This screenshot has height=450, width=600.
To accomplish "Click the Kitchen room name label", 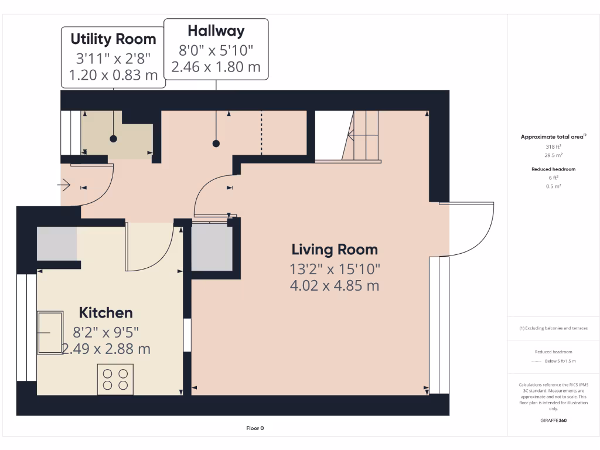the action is [x=105, y=313].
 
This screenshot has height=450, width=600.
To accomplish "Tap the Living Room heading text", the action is [x=335, y=250].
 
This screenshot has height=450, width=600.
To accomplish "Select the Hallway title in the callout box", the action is [x=216, y=30].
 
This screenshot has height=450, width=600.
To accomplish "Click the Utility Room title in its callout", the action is [x=113, y=39].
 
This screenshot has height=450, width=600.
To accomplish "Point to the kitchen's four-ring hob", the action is [x=115, y=379].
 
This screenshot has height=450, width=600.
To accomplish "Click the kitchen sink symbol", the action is [x=50, y=332].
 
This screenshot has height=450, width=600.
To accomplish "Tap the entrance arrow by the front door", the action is [x=64, y=185].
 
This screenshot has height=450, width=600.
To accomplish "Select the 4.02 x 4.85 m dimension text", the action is [x=335, y=285].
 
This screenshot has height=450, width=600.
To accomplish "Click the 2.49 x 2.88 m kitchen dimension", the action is [x=107, y=349].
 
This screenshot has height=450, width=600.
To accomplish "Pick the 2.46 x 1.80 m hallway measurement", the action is [x=216, y=67].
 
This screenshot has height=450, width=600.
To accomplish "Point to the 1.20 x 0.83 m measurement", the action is [x=113, y=75].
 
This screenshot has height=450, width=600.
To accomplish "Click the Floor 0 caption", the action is [x=255, y=428].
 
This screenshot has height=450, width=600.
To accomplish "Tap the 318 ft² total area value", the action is [x=553, y=146].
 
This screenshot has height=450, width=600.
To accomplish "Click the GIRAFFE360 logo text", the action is [x=553, y=420].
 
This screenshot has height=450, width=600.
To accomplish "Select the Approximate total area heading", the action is [x=553, y=137].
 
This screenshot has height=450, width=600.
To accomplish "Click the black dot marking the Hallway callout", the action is [x=216, y=144].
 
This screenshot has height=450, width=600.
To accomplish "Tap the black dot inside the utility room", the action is [x=113, y=138].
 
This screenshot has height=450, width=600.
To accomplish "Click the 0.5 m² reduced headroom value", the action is [x=553, y=186].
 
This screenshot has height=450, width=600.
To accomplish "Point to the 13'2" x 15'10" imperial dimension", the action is [x=335, y=269].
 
